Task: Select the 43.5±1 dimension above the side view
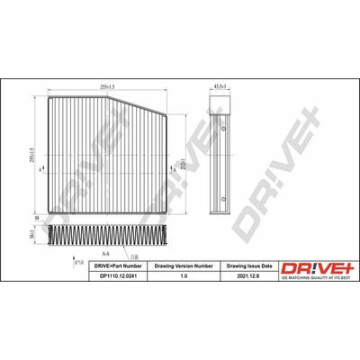point(220,86)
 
